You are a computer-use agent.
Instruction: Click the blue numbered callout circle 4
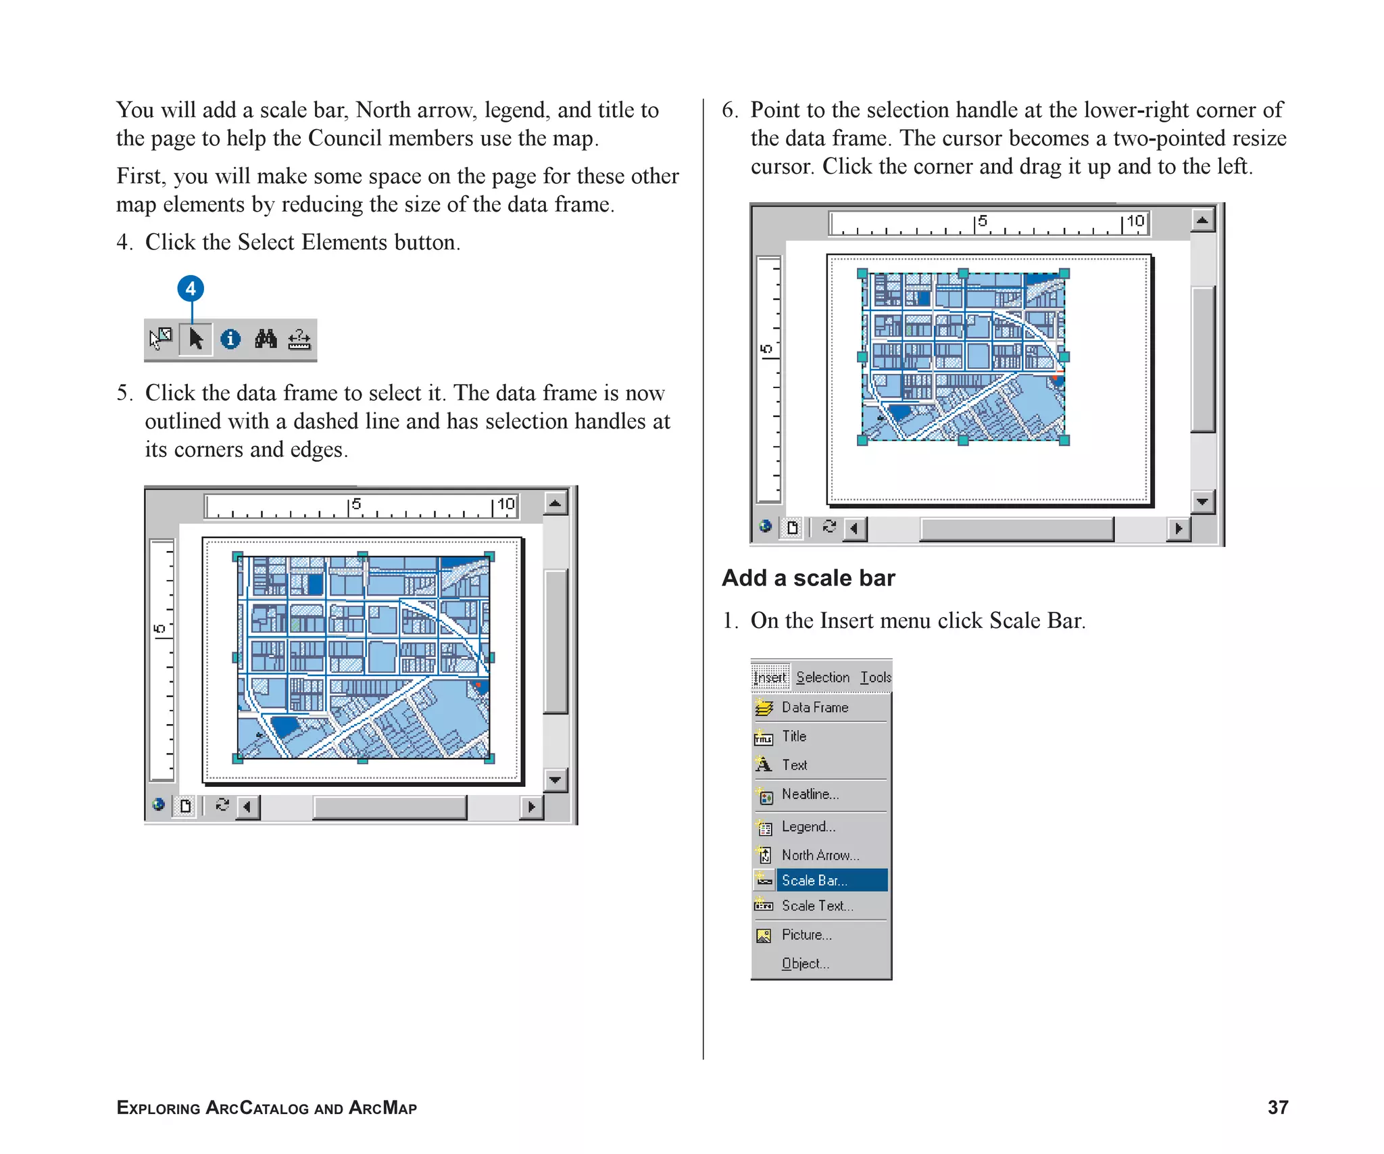click(x=191, y=289)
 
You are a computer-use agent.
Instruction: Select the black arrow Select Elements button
click(x=196, y=339)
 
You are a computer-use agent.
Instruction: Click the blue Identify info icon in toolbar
click(x=230, y=339)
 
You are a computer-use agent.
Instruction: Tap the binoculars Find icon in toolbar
click(x=266, y=339)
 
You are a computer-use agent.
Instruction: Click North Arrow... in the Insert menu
click(x=820, y=855)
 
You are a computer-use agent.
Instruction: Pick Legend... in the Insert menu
click(x=808, y=827)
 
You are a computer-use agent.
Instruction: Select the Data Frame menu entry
click(x=814, y=707)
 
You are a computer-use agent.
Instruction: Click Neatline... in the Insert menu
click(x=810, y=794)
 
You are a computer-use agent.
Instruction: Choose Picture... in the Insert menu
click(x=806, y=935)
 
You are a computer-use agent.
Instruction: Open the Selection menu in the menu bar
click(x=822, y=677)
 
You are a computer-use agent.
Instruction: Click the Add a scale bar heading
click(x=808, y=578)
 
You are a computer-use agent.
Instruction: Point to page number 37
click(x=1277, y=1107)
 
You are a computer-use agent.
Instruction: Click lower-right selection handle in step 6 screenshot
click(x=1064, y=441)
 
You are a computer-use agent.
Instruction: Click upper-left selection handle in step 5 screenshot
click(x=237, y=556)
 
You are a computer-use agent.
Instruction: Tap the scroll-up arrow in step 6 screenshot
click(x=1202, y=220)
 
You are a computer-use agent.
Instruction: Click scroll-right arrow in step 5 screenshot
click(x=531, y=807)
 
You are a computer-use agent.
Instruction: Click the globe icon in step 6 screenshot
click(x=765, y=526)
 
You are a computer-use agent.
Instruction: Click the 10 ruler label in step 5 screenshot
click(x=506, y=504)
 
